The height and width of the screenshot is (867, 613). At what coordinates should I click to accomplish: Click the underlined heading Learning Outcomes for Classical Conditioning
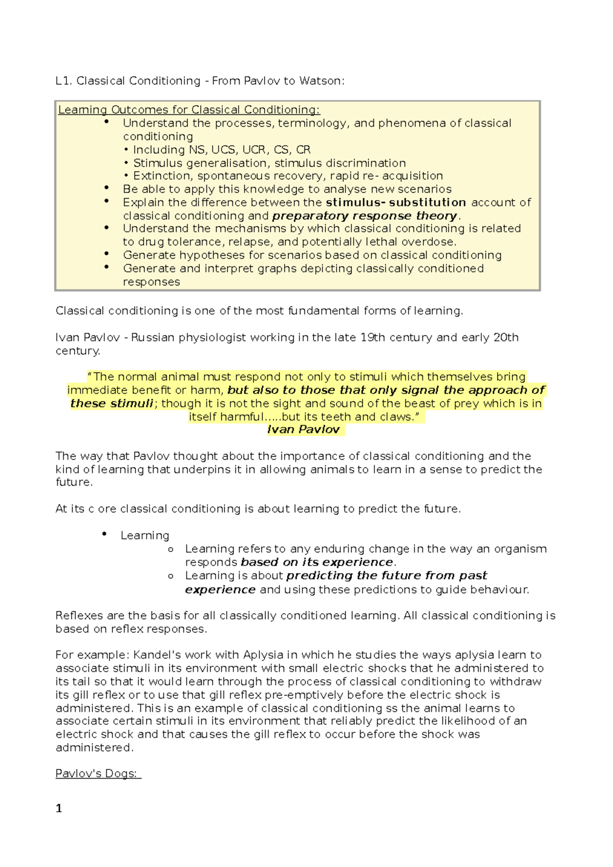click(189, 110)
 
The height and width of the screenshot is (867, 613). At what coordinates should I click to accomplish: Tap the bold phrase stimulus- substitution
click(396, 202)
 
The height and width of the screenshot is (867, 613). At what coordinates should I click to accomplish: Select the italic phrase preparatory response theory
click(365, 215)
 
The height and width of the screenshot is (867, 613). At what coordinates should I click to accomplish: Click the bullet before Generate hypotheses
click(106, 254)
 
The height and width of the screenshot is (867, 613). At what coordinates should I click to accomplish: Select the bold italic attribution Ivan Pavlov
click(303, 429)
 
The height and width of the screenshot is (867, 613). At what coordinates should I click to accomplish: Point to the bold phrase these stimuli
click(112, 403)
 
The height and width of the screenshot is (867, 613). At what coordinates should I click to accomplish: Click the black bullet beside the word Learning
click(104, 534)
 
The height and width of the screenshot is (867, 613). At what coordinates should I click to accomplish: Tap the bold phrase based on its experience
click(317, 562)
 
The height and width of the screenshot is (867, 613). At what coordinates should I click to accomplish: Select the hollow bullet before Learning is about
click(171, 576)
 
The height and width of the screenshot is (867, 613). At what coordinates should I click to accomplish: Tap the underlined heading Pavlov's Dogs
click(97, 774)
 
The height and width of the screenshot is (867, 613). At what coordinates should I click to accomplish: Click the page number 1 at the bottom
click(59, 808)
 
